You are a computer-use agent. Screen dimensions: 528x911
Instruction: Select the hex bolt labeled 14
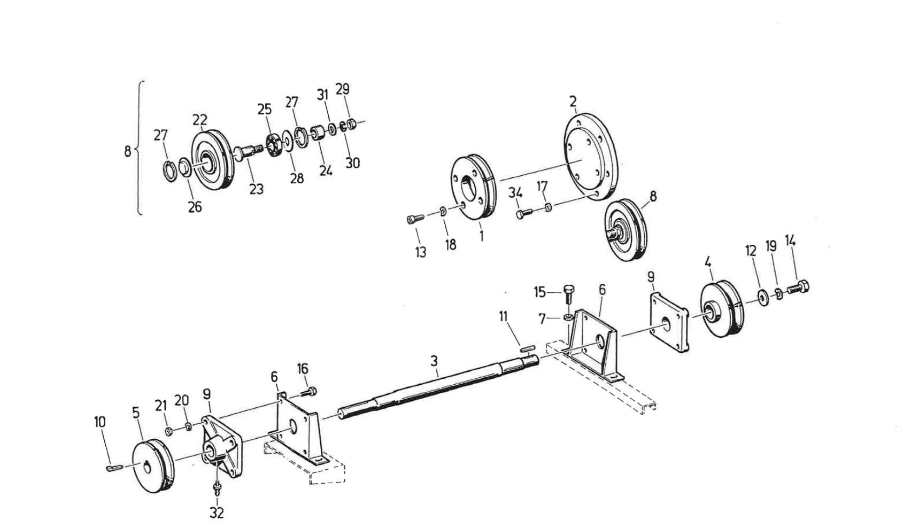tap(799, 288)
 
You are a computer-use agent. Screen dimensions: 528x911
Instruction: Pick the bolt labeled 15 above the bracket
tap(568, 293)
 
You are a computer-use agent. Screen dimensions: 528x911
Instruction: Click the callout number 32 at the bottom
tap(217, 513)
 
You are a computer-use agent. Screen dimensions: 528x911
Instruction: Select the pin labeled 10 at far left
tap(113, 468)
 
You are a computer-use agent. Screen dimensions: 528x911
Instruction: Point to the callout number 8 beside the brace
tap(127, 152)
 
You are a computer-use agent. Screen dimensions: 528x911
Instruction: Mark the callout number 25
tap(264, 110)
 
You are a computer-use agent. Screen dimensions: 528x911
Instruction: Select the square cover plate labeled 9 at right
tap(668, 323)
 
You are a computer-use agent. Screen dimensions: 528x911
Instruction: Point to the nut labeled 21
tap(168, 431)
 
